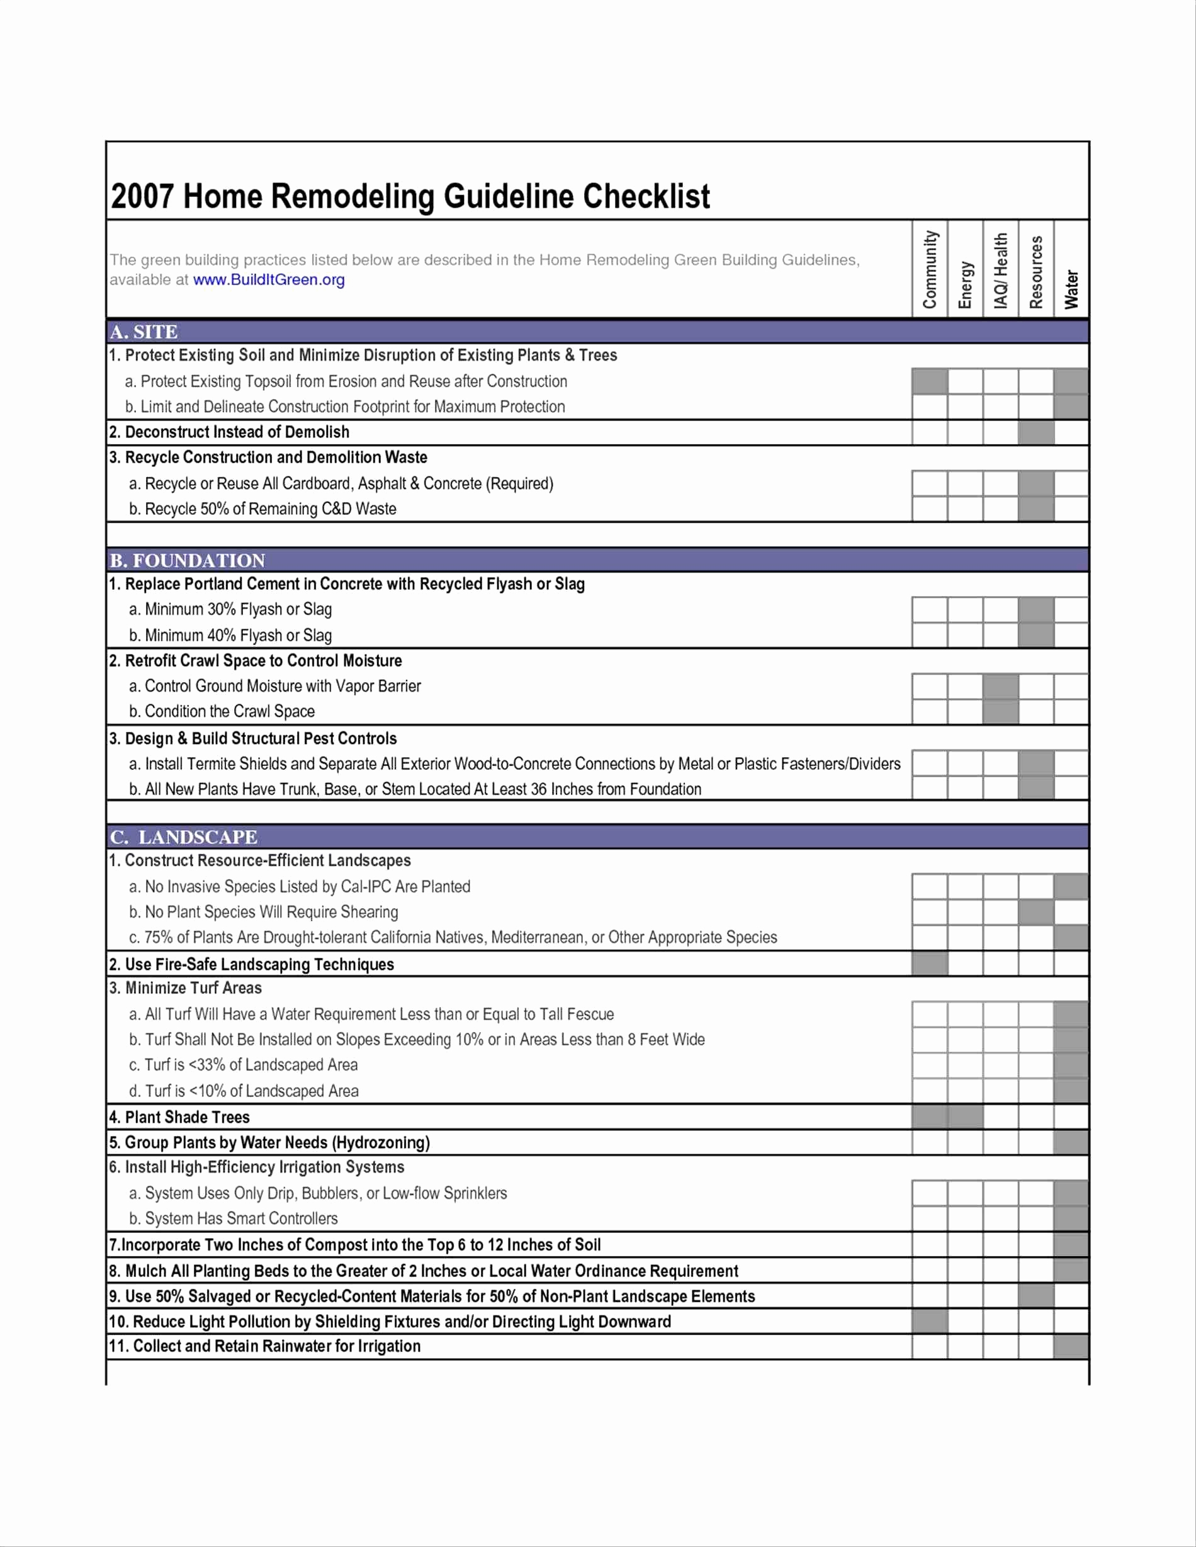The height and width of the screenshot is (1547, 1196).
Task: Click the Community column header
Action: [x=930, y=269]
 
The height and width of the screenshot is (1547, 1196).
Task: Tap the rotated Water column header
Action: [x=1071, y=288]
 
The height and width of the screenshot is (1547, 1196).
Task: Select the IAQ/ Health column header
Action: [x=1000, y=271]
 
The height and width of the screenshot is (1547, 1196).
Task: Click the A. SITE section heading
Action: [x=144, y=332]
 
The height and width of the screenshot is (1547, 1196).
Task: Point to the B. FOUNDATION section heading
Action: [x=187, y=560]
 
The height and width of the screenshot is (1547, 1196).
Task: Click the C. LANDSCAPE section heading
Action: [x=184, y=836]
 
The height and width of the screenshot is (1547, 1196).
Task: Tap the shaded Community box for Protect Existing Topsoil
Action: [x=930, y=381]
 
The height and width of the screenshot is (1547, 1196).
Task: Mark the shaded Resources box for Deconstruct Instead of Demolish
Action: [x=1036, y=432]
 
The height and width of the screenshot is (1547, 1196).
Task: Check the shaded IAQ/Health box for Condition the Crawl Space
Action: [x=1000, y=711]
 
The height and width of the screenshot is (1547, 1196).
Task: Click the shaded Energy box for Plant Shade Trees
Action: [x=965, y=1117]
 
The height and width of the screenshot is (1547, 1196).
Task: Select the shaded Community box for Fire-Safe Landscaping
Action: [x=930, y=964]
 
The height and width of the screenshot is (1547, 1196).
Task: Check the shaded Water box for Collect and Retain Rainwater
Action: [x=1071, y=1346]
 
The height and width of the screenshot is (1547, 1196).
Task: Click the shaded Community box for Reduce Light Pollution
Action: [x=930, y=1321]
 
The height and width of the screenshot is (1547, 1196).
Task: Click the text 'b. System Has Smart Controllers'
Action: [x=233, y=1218]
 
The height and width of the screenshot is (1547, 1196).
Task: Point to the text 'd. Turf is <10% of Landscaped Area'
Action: [x=244, y=1091]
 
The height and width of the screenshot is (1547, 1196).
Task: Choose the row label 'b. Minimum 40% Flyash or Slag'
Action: [x=230, y=636]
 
